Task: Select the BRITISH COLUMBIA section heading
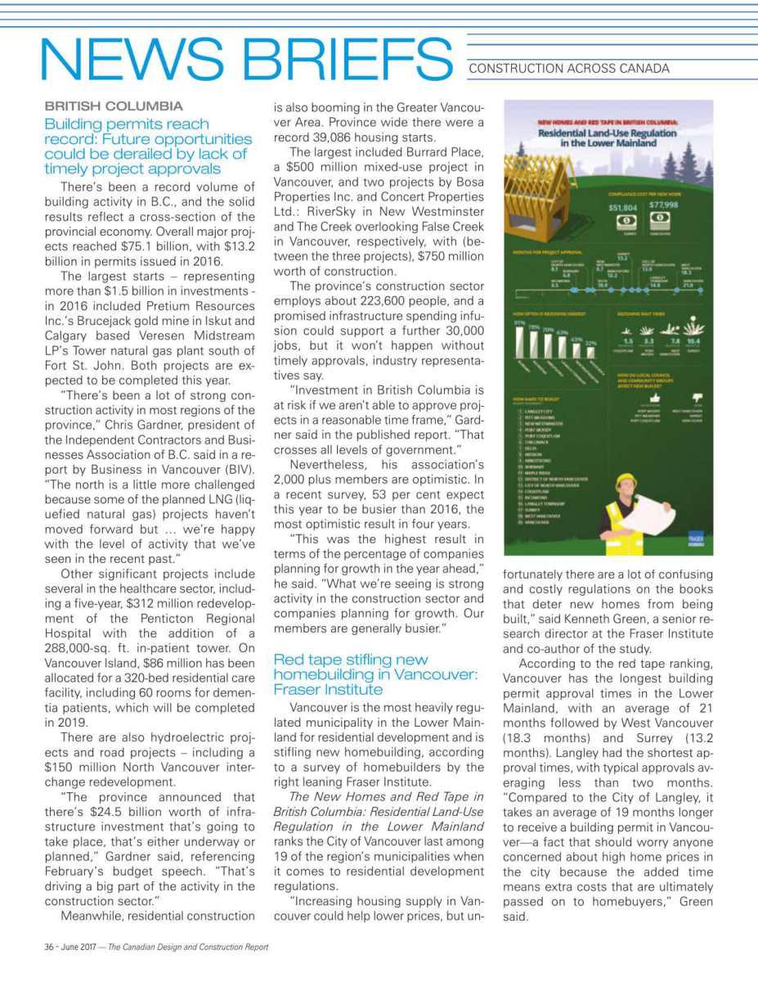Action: click(x=114, y=106)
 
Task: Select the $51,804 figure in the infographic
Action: click(x=623, y=209)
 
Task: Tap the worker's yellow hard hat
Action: click(x=626, y=480)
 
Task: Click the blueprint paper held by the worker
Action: click(x=648, y=511)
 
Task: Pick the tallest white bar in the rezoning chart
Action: click(x=519, y=344)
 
